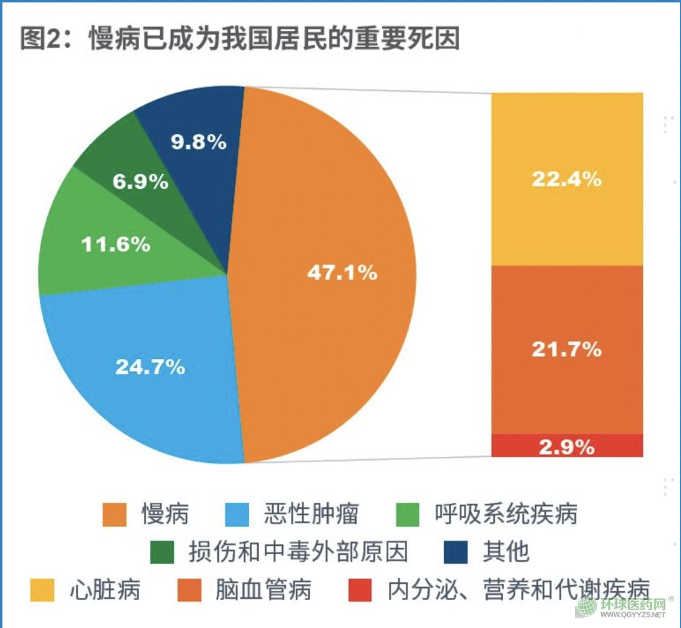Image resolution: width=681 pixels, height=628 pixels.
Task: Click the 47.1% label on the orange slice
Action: click(342, 273)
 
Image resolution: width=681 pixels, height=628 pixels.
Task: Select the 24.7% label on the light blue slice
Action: click(150, 366)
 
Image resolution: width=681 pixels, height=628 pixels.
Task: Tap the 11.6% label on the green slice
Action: click(116, 244)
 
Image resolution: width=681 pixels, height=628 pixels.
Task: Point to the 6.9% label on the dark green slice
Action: click(141, 182)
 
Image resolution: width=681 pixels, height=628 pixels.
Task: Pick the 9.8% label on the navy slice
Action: click(198, 142)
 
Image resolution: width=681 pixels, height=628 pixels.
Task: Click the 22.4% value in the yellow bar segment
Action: click(567, 179)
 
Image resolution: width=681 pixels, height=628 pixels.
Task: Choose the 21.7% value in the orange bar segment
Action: click(567, 349)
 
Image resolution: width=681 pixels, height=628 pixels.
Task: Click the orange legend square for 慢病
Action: click(114, 514)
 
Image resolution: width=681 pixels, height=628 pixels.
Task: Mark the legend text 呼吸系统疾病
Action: click(506, 514)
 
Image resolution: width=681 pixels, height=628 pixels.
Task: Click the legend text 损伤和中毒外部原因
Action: click(298, 552)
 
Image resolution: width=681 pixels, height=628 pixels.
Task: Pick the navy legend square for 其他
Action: click(456, 552)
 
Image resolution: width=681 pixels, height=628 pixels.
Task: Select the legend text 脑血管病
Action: click(264, 590)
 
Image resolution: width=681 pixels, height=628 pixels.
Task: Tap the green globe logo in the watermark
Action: click(586, 607)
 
